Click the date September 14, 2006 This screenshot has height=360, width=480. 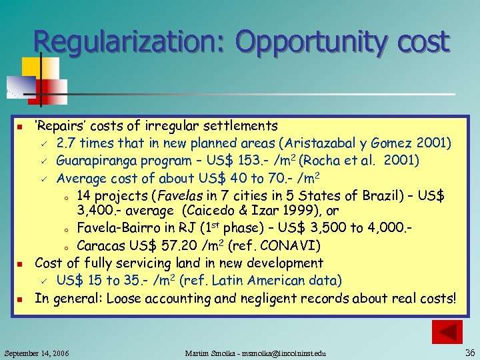pos(37,351)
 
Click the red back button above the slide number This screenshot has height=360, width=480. pos(447,331)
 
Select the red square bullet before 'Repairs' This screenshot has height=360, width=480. pos(21,127)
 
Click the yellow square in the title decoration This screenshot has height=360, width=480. pos(31,67)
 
